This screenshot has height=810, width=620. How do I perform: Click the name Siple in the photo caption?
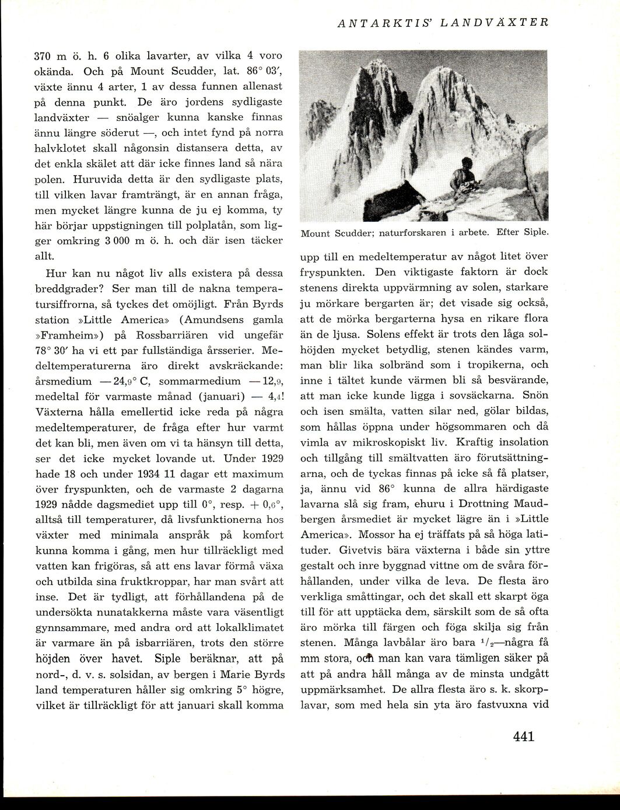point(535,233)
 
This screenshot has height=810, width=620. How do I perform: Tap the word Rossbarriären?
point(171,335)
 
